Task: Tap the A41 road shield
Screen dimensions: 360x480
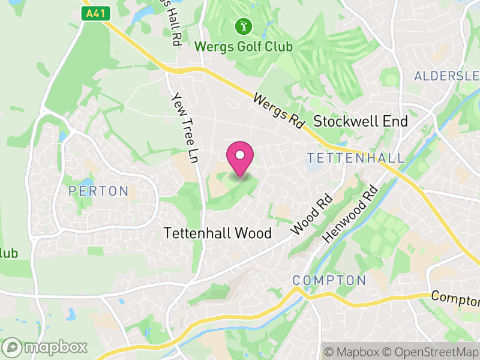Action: [94, 13]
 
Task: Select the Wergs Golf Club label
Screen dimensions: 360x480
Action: [244, 46]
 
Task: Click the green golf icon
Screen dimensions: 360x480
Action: [244, 26]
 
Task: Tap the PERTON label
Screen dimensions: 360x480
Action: [98, 191]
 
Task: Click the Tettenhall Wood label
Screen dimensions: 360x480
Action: [218, 233]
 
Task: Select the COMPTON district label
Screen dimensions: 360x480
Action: [329, 280]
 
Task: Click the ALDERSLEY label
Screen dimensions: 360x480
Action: [446, 76]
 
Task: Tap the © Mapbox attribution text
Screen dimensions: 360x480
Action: [354, 352]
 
